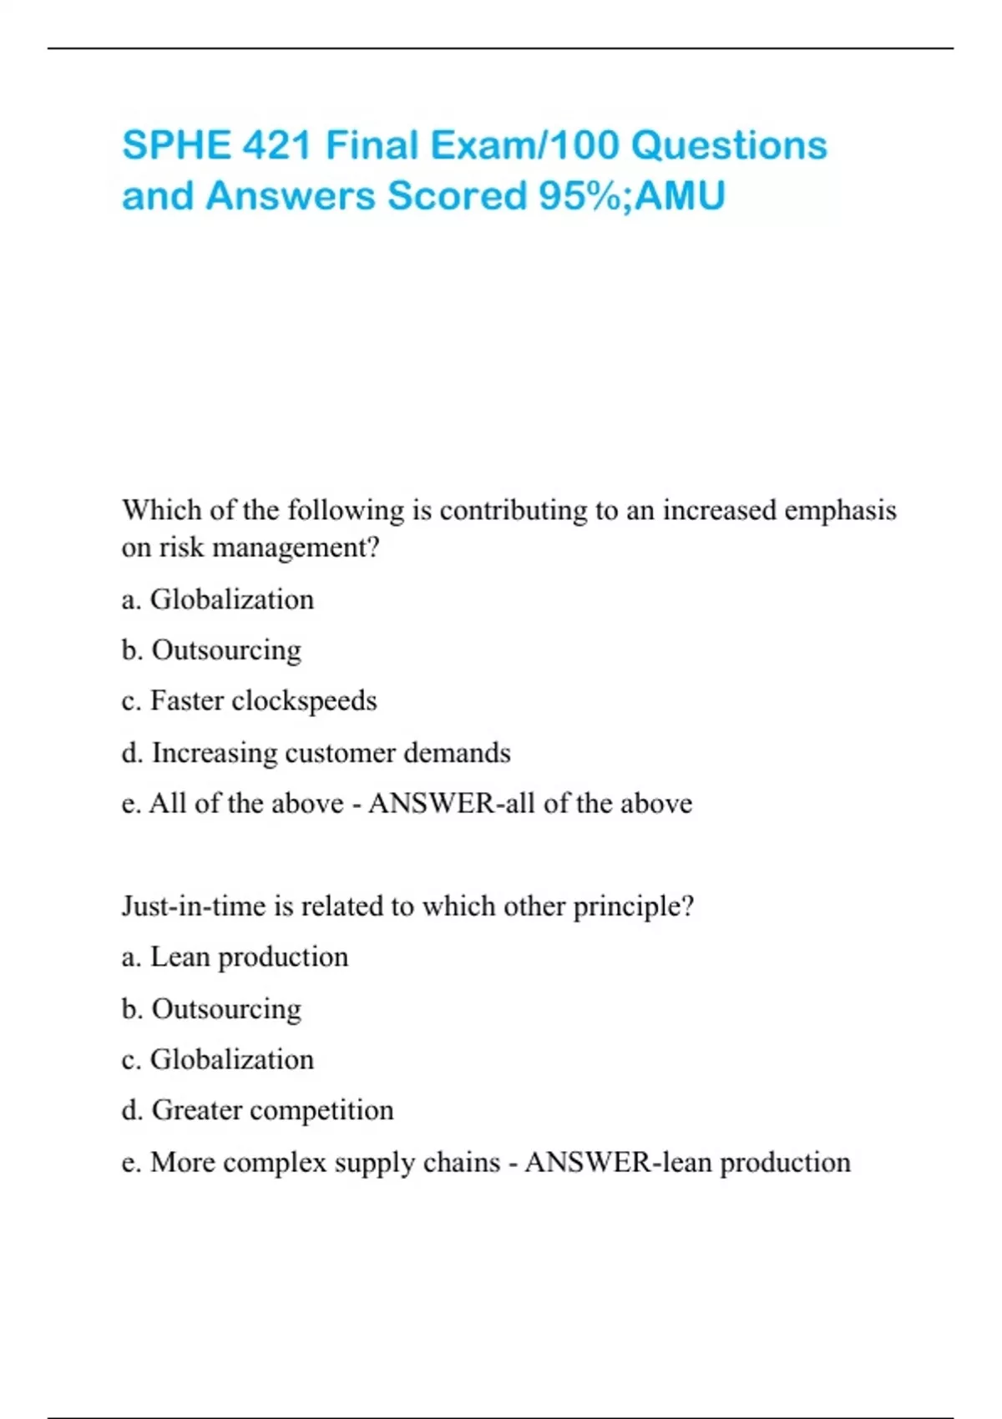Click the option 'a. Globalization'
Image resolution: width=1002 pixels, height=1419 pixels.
pyautogui.click(x=218, y=599)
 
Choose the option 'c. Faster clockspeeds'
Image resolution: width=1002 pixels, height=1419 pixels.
pyautogui.click(x=249, y=700)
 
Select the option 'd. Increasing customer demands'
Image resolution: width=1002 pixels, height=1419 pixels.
pyautogui.click(x=316, y=752)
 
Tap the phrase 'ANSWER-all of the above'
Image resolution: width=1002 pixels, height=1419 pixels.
pyautogui.click(x=530, y=803)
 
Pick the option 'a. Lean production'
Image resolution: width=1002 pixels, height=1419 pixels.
pyautogui.click(x=235, y=957)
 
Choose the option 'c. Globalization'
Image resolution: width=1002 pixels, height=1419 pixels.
pyautogui.click(x=218, y=1059)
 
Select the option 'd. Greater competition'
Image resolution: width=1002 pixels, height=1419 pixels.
pyautogui.click(x=257, y=1110)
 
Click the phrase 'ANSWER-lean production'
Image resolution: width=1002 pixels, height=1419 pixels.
pyautogui.click(x=687, y=1162)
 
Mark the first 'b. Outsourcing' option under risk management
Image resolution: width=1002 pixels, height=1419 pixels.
pyautogui.click(x=211, y=650)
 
